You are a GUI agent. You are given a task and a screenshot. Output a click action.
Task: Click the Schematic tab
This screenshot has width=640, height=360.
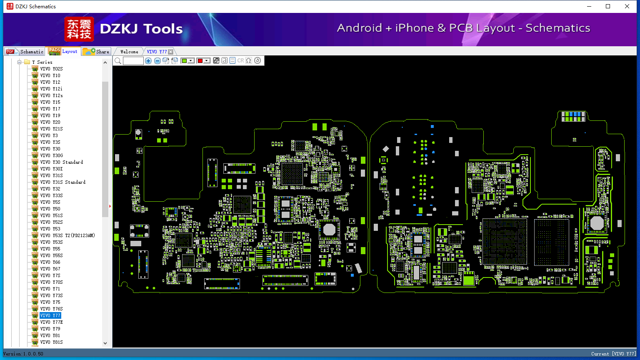tap(25, 52)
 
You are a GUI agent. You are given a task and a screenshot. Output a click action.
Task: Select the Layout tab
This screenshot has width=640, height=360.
tap(63, 51)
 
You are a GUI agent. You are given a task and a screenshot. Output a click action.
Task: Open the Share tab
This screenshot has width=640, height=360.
tap(96, 52)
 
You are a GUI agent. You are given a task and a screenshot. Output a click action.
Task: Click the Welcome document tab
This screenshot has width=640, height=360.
tap(129, 52)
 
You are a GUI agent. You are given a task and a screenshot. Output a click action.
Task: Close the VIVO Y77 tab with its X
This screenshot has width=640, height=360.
tap(170, 52)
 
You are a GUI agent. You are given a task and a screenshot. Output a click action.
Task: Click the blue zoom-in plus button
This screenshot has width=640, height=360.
tap(148, 60)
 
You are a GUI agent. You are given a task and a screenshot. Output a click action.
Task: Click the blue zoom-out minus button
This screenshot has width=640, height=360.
tap(157, 60)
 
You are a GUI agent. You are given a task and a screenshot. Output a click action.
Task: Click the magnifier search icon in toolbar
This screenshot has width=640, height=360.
tap(118, 60)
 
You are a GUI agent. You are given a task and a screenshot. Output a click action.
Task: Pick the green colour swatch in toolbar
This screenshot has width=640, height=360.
tap(184, 60)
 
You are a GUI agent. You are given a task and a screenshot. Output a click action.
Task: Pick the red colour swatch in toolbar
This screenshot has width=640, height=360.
tap(200, 60)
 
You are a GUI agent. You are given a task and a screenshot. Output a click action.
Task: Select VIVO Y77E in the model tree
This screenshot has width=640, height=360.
tap(51, 322)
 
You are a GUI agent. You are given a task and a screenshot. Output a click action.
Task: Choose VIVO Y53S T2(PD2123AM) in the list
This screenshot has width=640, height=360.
tap(67, 235)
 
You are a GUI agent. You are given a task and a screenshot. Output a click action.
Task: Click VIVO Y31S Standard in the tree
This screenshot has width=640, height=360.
tap(63, 182)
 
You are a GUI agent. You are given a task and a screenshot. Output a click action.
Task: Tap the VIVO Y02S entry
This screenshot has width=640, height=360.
tap(51, 69)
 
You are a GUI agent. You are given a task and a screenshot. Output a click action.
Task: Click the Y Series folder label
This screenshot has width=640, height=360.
tap(42, 62)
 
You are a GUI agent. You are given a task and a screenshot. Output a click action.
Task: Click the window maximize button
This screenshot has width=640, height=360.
tap(608, 6)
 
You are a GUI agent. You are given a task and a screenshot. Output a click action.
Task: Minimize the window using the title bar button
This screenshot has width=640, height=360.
tap(589, 6)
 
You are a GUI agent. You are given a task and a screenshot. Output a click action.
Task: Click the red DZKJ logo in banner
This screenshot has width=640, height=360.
tap(79, 29)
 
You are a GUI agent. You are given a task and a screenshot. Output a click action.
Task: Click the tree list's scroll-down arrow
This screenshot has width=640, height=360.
tap(105, 343)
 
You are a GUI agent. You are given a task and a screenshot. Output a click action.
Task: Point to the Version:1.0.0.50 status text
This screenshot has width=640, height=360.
tap(23, 354)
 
